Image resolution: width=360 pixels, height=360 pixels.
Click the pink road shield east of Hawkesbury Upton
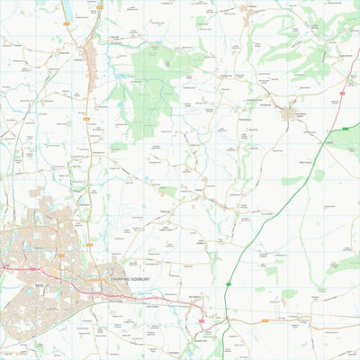[344, 91]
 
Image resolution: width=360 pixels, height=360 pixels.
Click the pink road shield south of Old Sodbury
[202, 320]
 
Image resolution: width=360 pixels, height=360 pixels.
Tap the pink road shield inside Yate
[33, 267]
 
